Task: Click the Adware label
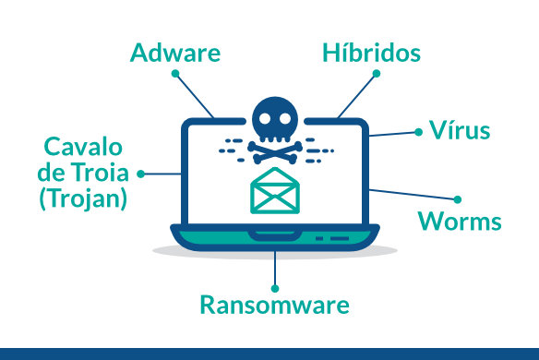click(x=176, y=52)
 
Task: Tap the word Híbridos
click(x=371, y=53)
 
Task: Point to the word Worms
click(x=460, y=222)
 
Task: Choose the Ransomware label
click(x=275, y=305)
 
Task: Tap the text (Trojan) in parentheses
click(x=83, y=198)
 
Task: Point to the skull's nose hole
click(x=276, y=129)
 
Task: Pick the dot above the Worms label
click(x=457, y=198)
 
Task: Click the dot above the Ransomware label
click(x=275, y=282)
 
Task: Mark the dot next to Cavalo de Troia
click(x=141, y=173)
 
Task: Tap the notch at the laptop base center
click(x=275, y=236)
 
